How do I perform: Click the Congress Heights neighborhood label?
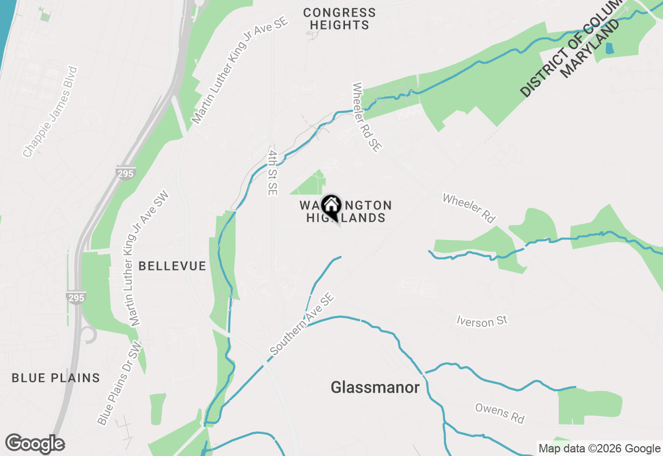pyautogui.click(x=339, y=19)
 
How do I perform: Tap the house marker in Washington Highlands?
pyautogui.click(x=331, y=206)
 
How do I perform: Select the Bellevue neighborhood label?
pyautogui.click(x=172, y=266)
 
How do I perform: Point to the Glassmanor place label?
pyautogui.click(x=375, y=387)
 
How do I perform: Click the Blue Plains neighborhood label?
pyautogui.click(x=56, y=378)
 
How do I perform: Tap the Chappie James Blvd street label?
pyautogui.click(x=50, y=111)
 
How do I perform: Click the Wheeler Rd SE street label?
pyautogui.click(x=367, y=117)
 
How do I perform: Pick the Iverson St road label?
pyautogui.click(x=482, y=321)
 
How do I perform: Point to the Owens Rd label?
pyautogui.click(x=500, y=413)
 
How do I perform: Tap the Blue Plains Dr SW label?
pyautogui.click(x=119, y=383)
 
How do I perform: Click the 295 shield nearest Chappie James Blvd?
pyautogui.click(x=125, y=174)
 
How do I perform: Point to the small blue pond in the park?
pyautogui.click(x=609, y=49)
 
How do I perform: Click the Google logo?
pyautogui.click(x=35, y=444)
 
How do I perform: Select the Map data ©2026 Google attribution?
pyautogui.click(x=599, y=449)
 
